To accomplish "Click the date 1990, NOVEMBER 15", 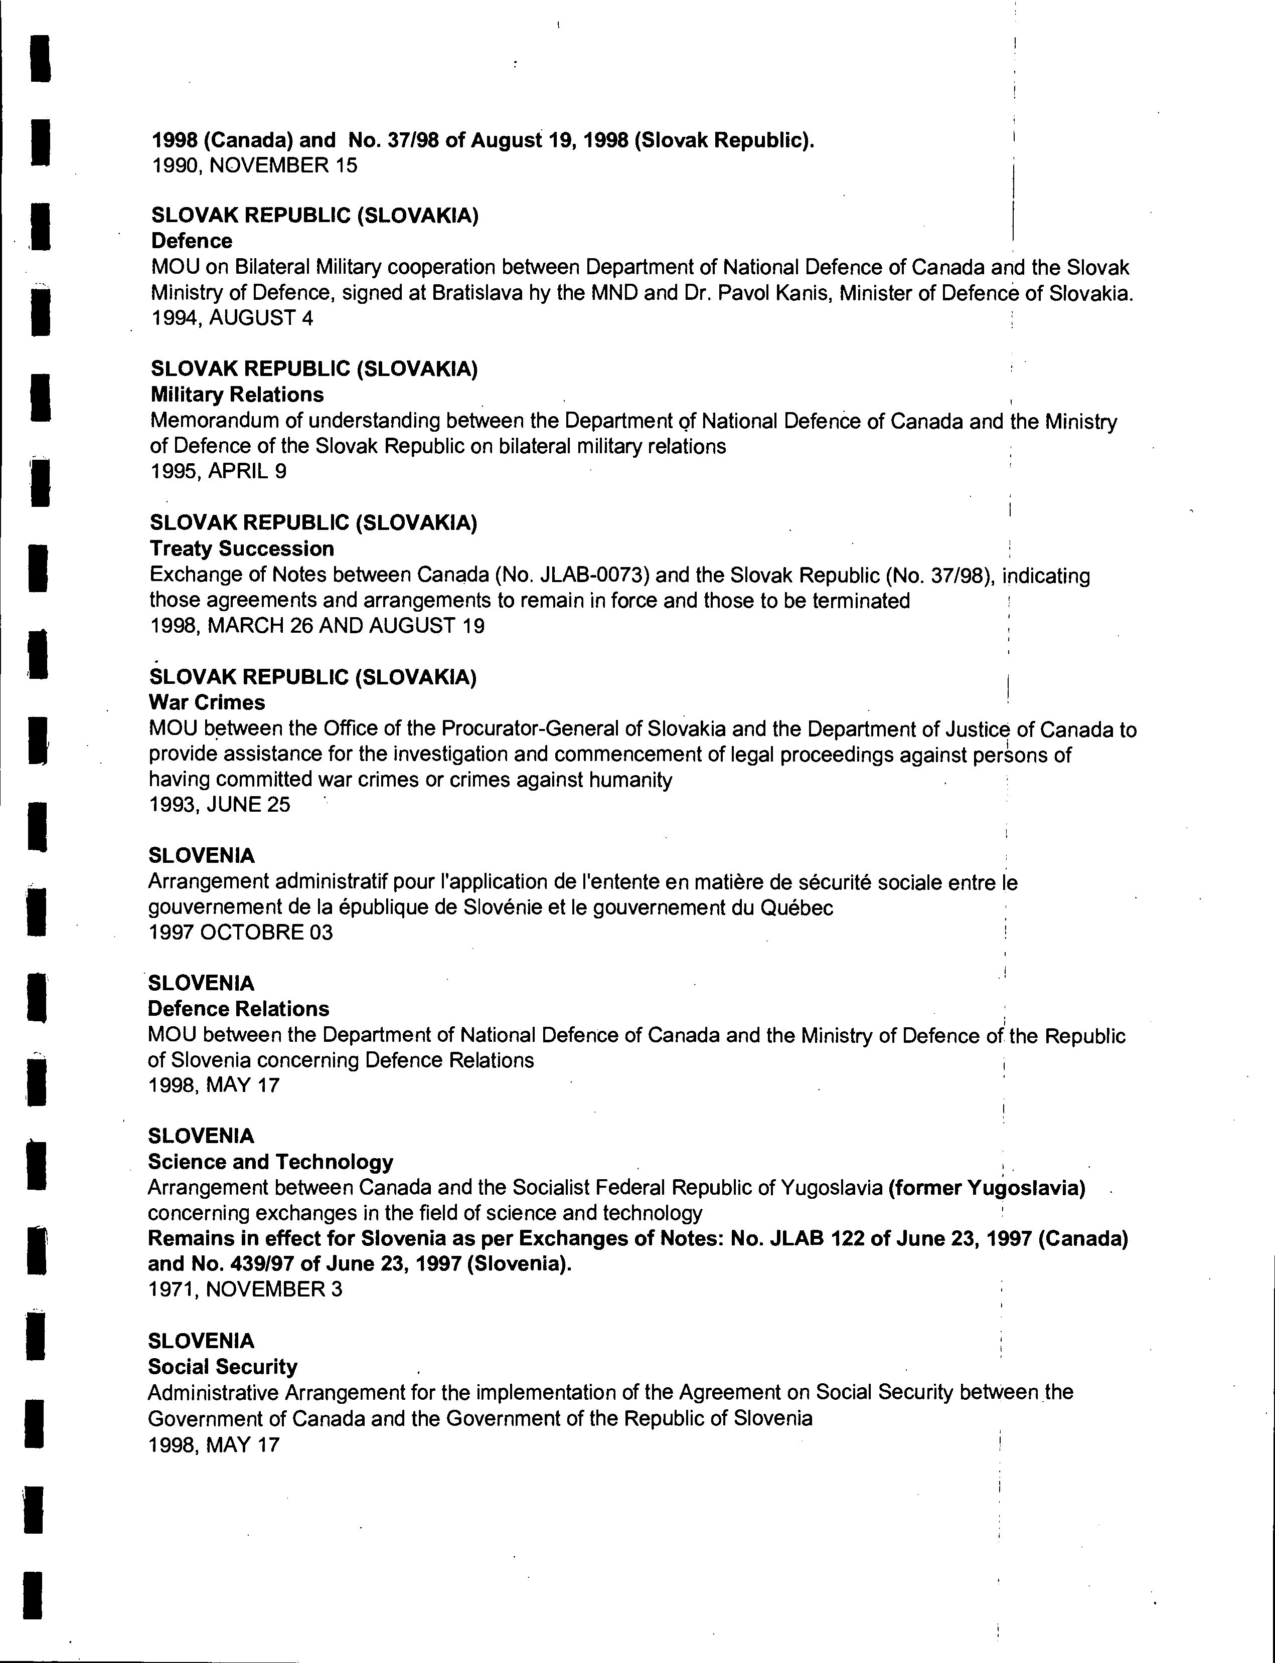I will tap(254, 165).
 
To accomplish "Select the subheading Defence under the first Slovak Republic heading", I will tap(192, 241).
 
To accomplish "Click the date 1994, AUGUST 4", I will tap(231, 318).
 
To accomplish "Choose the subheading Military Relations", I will tap(237, 395).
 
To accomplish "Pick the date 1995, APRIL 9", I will tap(219, 471).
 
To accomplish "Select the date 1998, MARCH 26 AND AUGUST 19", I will tap(316, 626).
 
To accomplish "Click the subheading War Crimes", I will tap(207, 702).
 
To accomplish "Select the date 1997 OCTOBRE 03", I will tap(241, 933).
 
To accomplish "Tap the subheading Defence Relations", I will tap(238, 1009).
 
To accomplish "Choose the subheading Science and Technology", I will tap(270, 1162).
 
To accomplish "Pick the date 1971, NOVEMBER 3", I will tap(245, 1289).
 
